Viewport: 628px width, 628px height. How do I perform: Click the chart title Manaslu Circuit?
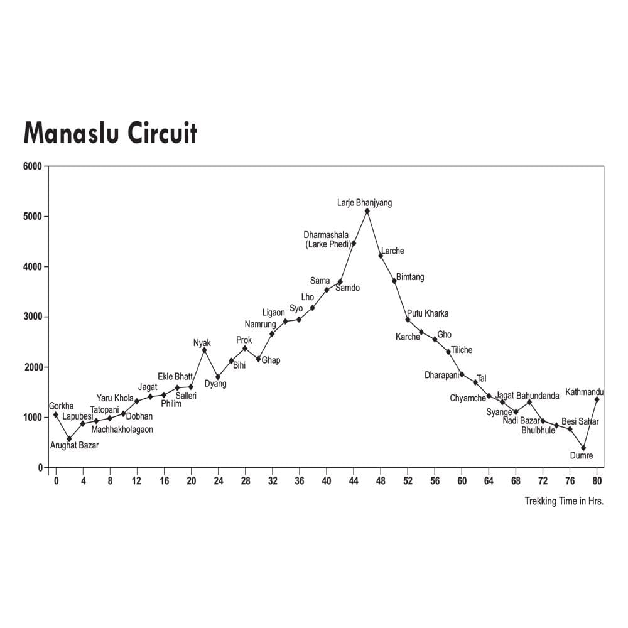110,133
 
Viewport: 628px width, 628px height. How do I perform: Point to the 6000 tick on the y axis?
33,166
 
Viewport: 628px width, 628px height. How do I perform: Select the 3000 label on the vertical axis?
33,317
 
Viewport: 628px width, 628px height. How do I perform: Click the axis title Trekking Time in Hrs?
564,502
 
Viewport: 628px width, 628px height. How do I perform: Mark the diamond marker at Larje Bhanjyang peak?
367,211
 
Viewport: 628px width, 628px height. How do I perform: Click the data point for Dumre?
583,448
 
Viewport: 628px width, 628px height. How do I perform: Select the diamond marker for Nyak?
204,350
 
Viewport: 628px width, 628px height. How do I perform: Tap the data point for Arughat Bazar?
69,439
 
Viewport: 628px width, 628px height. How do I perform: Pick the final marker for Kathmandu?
597,399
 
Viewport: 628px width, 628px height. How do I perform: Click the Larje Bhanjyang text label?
364,203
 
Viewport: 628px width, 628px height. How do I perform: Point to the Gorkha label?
61,406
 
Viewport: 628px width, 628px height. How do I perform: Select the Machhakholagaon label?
122,430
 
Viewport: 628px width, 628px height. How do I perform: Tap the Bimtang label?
410,277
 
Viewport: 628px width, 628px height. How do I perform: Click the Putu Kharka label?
428,313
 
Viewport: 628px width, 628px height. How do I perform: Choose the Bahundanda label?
538,396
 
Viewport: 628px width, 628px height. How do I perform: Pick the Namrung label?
260,324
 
